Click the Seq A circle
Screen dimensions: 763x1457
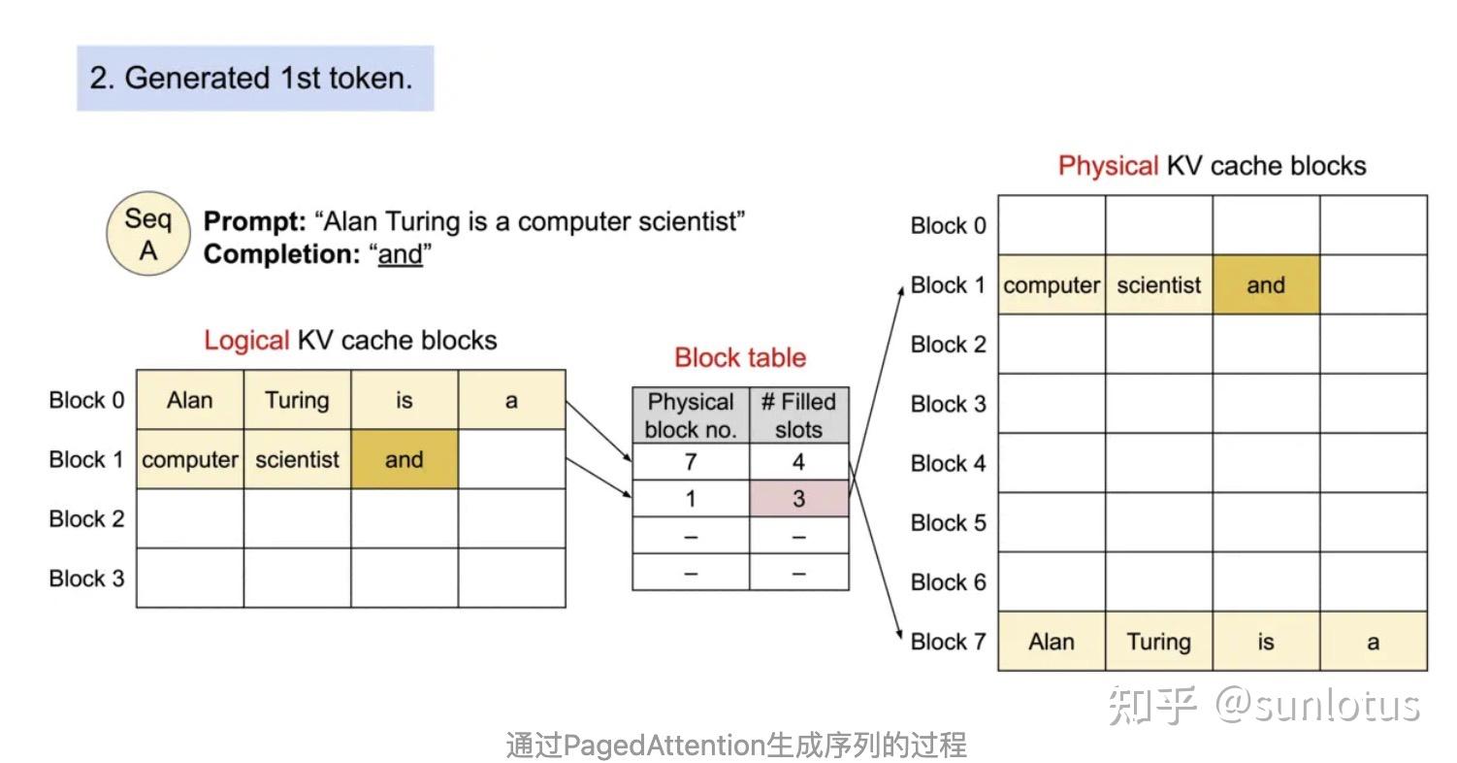(x=147, y=234)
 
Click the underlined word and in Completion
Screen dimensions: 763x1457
(x=400, y=254)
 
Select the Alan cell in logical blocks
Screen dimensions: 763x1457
(x=189, y=400)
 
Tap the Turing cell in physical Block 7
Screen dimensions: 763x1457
(x=1158, y=642)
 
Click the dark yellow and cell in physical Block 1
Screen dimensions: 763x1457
(x=1265, y=285)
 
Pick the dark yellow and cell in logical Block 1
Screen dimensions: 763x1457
(x=404, y=460)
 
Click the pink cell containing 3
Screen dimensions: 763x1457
(x=798, y=499)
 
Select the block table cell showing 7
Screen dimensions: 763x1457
(x=691, y=463)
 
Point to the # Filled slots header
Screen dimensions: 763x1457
(x=798, y=415)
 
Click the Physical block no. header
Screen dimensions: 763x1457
(x=691, y=415)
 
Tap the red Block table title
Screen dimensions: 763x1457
(x=740, y=357)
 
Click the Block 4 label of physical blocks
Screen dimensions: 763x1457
(x=948, y=464)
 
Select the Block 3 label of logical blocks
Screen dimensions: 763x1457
(x=86, y=579)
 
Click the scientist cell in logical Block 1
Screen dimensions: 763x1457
(x=297, y=460)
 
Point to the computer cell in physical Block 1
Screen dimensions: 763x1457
(x=1052, y=285)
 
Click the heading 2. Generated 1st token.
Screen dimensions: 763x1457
(x=251, y=78)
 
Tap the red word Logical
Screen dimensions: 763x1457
(x=246, y=341)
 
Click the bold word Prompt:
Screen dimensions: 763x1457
(x=253, y=221)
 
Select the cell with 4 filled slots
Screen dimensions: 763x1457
(x=798, y=463)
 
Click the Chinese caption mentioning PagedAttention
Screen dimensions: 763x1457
(x=735, y=746)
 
